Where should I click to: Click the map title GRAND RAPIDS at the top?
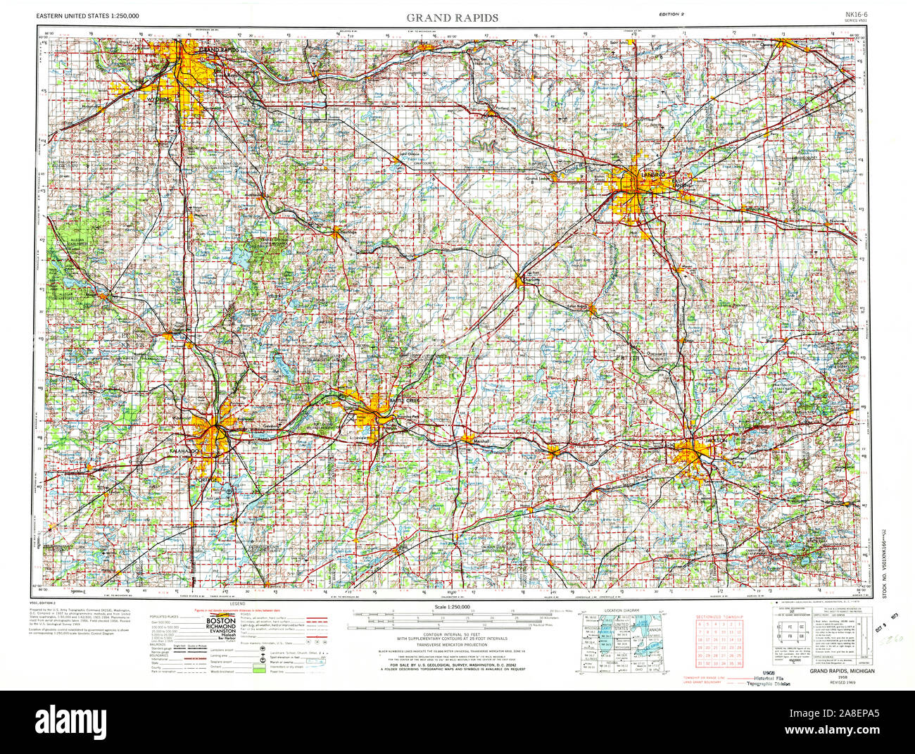(x=452, y=17)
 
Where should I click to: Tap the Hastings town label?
(x=348, y=232)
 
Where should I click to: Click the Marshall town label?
(x=481, y=441)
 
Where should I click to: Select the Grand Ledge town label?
(x=537, y=178)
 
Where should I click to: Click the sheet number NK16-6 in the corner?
(x=857, y=14)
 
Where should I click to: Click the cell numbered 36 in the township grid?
(x=738, y=663)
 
